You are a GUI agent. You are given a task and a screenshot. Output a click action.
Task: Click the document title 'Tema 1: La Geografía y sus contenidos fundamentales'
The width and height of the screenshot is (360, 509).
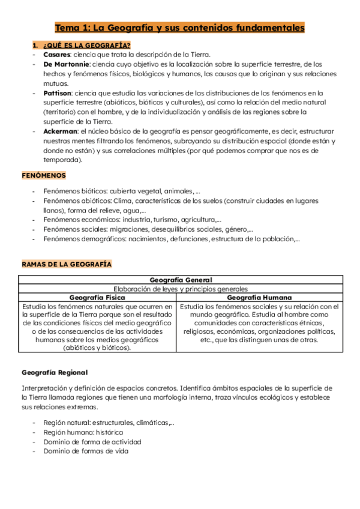[x=180, y=28]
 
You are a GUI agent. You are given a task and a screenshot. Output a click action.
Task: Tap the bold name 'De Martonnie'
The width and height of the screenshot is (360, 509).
[x=67, y=64]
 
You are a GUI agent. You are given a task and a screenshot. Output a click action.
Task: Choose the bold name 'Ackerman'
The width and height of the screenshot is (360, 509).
[x=61, y=131]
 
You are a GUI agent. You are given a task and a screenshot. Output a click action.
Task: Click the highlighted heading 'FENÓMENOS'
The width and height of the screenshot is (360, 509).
[x=44, y=175]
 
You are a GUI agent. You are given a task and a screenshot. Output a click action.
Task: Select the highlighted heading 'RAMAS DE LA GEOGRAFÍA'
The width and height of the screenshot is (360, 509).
[x=67, y=264]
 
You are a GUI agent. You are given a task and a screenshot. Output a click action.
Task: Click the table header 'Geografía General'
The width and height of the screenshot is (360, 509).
[x=179, y=280]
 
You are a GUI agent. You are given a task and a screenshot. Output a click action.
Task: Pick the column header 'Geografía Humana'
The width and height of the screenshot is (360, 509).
[x=260, y=297]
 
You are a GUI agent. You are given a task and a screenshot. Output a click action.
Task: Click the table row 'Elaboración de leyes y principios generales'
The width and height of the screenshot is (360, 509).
[x=179, y=288]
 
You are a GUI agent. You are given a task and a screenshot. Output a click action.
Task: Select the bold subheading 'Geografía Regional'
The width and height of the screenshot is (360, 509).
[x=55, y=372]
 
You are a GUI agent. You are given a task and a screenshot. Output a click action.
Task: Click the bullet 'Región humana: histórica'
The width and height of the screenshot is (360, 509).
[x=83, y=432]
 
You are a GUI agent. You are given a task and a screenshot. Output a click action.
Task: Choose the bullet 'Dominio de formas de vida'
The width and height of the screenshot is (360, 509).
[x=86, y=451]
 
